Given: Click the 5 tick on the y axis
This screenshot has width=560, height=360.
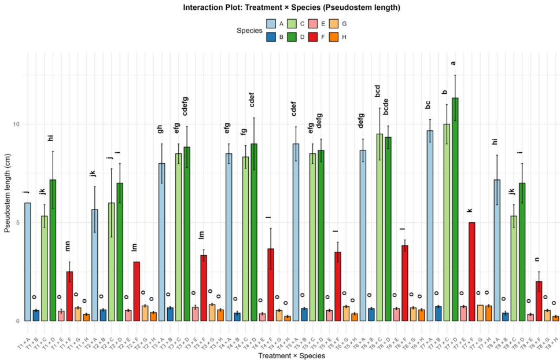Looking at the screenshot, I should (x=19, y=223).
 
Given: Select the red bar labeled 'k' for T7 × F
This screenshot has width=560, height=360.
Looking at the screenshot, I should (x=471, y=271).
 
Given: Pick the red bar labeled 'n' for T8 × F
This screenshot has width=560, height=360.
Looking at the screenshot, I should (x=539, y=301).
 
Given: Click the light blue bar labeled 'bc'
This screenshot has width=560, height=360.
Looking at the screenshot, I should (x=430, y=226).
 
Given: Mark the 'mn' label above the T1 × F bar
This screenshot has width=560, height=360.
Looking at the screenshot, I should (x=68, y=247).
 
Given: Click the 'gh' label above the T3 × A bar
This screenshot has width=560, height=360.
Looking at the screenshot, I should (x=161, y=129).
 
